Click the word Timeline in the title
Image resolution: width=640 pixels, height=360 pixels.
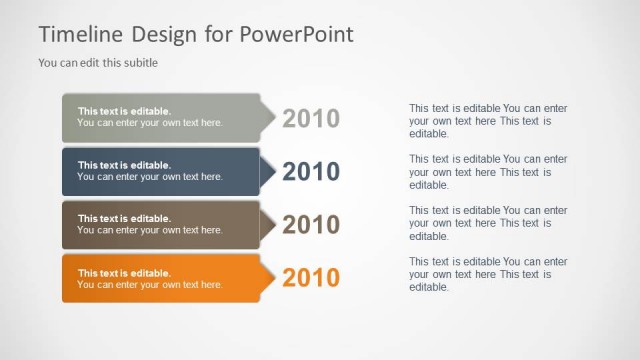(x=80, y=34)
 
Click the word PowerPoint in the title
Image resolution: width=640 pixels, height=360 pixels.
(x=297, y=34)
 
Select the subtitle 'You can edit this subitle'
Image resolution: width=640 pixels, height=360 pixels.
(x=98, y=62)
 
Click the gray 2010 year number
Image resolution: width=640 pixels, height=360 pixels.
(x=311, y=119)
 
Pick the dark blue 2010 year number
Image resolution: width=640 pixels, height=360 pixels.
(x=311, y=172)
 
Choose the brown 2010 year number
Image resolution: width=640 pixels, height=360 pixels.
(x=311, y=225)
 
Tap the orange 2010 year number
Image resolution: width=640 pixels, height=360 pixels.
(x=311, y=278)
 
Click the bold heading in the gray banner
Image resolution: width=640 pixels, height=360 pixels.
(x=124, y=111)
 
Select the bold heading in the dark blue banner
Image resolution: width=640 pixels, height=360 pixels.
(x=124, y=165)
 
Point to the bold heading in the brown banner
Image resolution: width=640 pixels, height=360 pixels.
(x=124, y=218)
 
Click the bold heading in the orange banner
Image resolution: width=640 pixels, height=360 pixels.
(x=124, y=272)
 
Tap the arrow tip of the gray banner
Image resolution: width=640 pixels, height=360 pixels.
(x=268, y=118)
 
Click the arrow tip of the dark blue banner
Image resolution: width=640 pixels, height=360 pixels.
(x=268, y=172)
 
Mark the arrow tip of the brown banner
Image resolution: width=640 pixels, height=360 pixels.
(x=268, y=225)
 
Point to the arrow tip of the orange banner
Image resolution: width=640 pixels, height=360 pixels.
(x=268, y=278)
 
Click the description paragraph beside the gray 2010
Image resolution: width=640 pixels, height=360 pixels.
(x=488, y=120)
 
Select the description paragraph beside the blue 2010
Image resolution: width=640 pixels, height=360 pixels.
(x=488, y=172)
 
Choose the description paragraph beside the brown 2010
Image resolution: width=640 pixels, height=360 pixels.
(x=488, y=224)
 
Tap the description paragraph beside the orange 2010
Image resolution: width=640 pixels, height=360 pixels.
(x=488, y=275)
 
